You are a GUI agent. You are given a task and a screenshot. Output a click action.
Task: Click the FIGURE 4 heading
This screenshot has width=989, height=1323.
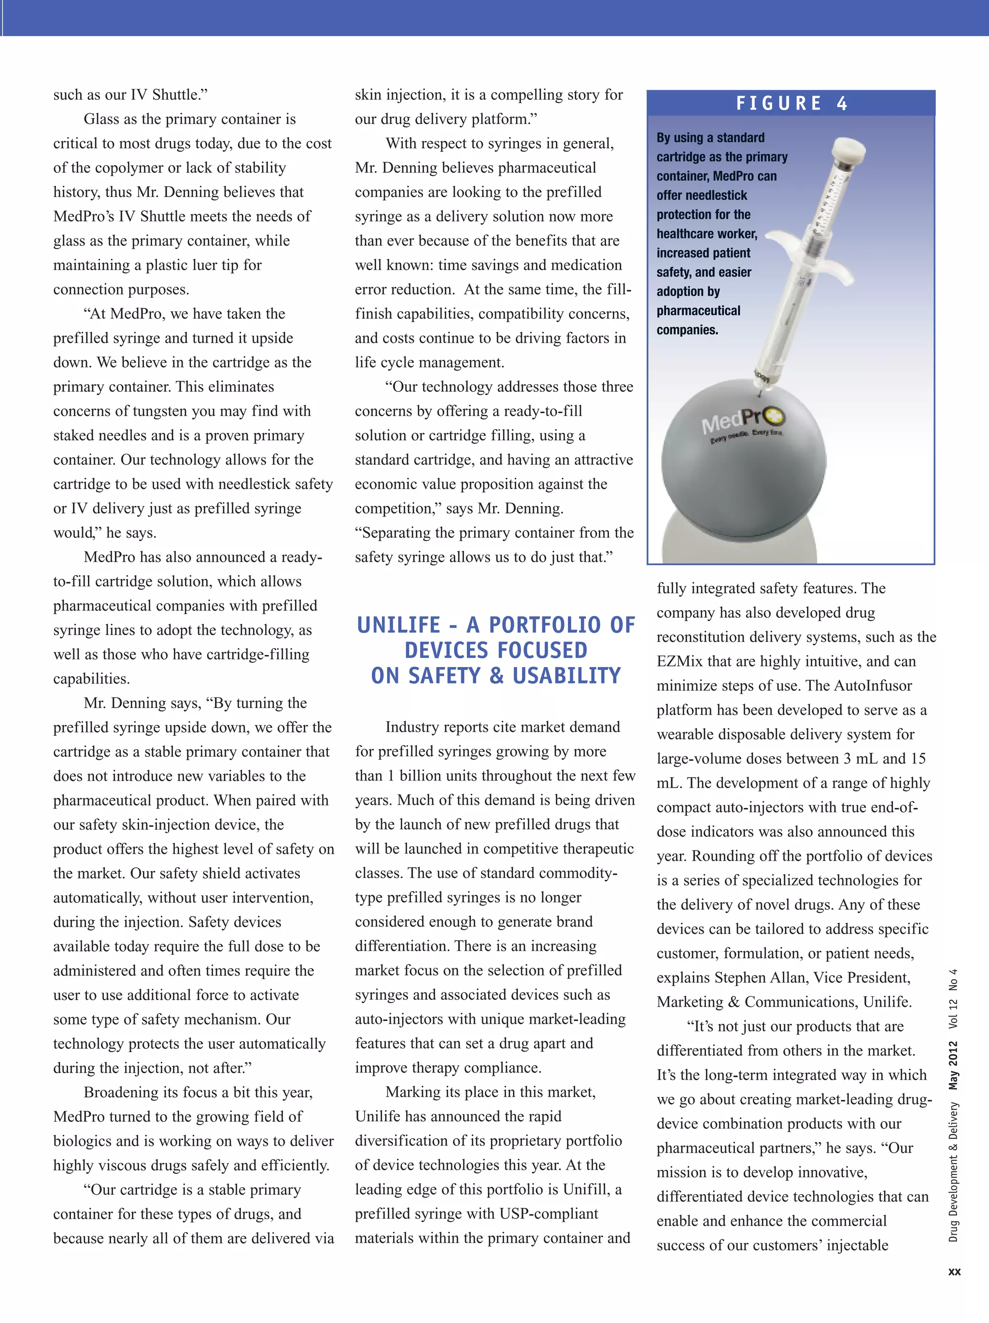(791, 103)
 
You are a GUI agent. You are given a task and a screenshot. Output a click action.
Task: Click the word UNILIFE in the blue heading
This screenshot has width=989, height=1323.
(398, 625)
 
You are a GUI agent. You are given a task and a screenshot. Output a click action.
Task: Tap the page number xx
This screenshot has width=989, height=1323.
(954, 1271)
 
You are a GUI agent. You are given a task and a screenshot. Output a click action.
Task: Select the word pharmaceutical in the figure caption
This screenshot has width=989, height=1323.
(698, 310)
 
